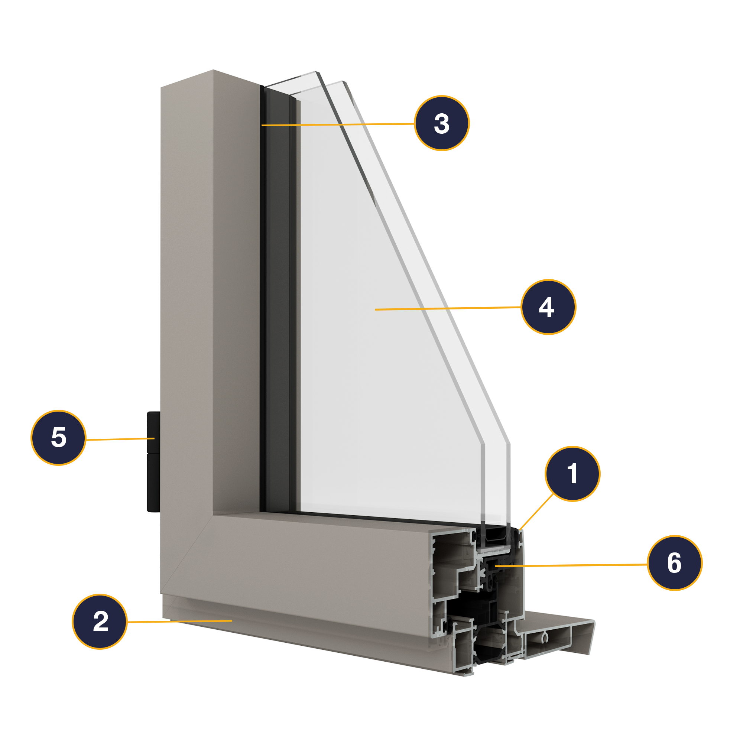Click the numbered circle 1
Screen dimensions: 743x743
tap(572, 474)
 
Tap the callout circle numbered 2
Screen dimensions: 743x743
tap(100, 622)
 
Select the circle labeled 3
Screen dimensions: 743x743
tap(441, 123)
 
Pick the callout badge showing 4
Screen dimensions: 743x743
tap(548, 307)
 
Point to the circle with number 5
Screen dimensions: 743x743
tap(58, 438)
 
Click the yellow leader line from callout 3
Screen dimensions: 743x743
tap(338, 124)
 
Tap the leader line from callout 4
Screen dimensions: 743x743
tap(448, 308)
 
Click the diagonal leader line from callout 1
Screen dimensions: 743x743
tap(536, 512)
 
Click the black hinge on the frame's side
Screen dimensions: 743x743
tap(153, 461)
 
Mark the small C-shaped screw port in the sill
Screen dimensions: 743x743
tap(544, 638)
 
